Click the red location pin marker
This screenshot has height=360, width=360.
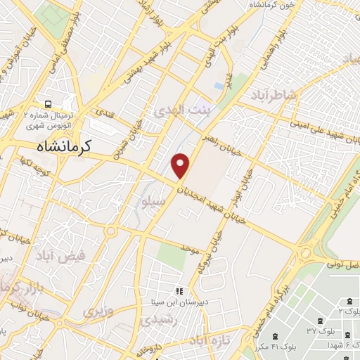[x=181, y=165]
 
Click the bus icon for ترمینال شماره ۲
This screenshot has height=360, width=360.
[x=49, y=101]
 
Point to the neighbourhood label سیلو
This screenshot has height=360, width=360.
[x=154, y=202]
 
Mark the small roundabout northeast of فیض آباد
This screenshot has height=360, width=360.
[x=111, y=231]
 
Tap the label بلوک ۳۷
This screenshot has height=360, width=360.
[x=319, y=330]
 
